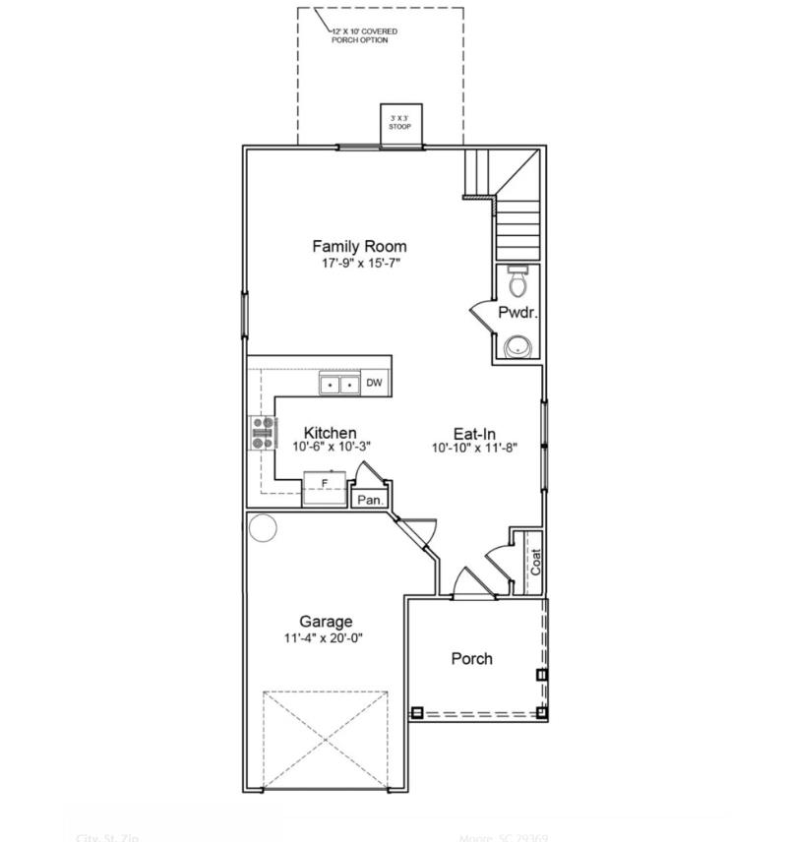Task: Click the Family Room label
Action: coord(359,246)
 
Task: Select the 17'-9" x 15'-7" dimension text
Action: coord(359,264)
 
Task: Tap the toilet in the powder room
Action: coord(518,281)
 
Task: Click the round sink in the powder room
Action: coord(517,346)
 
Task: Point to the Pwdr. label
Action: coord(517,313)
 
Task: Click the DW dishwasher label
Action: coord(374,384)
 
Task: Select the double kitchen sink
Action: coord(339,385)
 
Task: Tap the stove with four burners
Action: coord(264,433)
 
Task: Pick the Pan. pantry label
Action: coord(370,500)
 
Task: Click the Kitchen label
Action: coord(330,433)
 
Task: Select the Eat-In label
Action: coord(473,433)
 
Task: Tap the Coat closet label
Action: coord(536,562)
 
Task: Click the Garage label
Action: coord(326,622)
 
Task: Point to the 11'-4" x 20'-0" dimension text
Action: coord(326,638)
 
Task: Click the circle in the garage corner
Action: coord(264,529)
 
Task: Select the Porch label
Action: coord(471,658)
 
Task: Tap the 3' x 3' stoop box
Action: coord(400,124)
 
